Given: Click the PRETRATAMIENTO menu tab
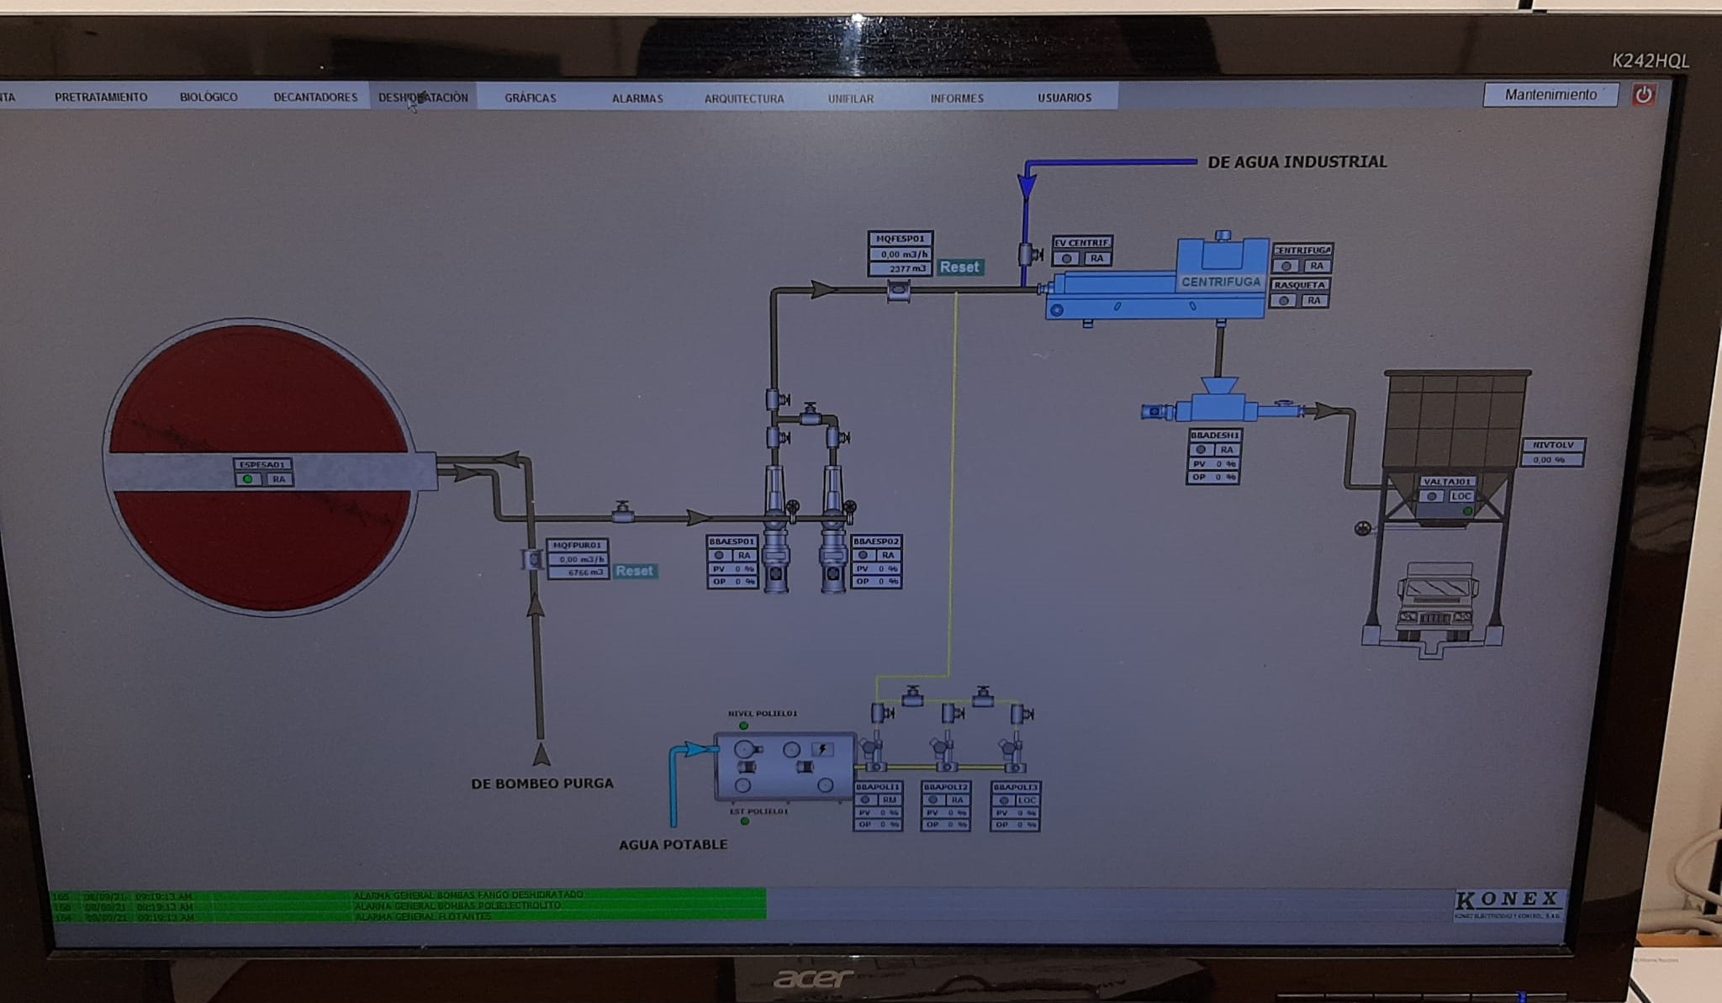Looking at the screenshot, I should click(101, 98).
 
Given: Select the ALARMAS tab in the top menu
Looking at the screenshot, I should click(637, 98).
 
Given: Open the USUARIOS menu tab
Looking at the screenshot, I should click(1064, 98).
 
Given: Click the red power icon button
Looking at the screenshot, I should click(1643, 94).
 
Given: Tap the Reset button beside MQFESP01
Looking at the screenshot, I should click(959, 267).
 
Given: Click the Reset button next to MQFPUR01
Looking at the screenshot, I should click(634, 571).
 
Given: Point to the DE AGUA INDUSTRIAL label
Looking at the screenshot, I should click(1297, 161).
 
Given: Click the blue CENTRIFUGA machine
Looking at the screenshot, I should click(1177, 282).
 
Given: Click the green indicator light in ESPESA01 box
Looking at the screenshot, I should click(248, 479).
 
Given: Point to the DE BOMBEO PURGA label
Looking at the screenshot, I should click(542, 784).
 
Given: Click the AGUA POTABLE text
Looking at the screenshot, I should click(673, 844).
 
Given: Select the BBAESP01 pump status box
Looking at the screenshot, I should click(732, 562).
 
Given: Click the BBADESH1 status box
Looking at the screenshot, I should click(1214, 457).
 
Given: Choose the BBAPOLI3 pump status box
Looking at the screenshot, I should click(1016, 806).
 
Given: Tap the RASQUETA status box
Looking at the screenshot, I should click(1300, 293).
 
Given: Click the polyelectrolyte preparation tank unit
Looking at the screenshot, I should click(784, 765).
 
